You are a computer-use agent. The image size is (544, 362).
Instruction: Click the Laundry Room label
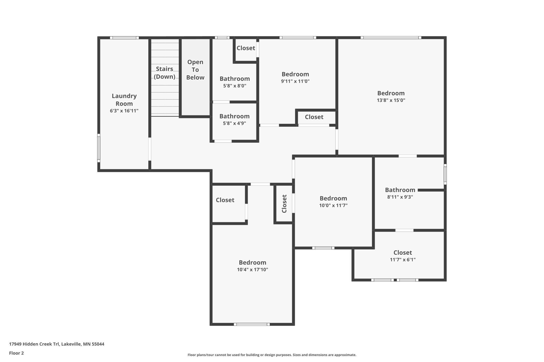pos(124,100)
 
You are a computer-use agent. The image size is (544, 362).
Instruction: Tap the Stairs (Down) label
pos(165,73)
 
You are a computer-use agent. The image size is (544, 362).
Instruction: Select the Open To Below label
pos(195,70)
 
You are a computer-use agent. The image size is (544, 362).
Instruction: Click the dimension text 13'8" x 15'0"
pos(391,100)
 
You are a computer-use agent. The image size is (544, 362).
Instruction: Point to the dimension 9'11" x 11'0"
pos(295,81)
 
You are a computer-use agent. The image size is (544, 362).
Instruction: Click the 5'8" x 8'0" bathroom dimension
pos(235,86)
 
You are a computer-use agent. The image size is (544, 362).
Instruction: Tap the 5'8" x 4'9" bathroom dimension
pos(234,123)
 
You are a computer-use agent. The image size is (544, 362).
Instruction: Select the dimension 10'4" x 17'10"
pos(252,270)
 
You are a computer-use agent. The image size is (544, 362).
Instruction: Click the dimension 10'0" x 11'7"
pos(333,205)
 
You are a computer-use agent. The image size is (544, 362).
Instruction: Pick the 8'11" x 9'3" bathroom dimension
pos(400,197)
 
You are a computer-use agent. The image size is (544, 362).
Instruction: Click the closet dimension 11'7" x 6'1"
pos(403,260)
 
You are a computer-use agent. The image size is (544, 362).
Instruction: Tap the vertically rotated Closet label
pos(284,204)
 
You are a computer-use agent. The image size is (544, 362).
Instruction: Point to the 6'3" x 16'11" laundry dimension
pos(124,111)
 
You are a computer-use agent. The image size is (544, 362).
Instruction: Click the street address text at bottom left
pos(56,344)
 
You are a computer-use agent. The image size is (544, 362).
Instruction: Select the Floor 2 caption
pos(16,353)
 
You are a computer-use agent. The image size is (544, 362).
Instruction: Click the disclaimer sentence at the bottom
pos(272,355)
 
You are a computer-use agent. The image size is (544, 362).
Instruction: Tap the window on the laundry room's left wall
pos(99,148)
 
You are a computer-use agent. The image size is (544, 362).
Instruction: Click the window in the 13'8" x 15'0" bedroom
pos(391,38)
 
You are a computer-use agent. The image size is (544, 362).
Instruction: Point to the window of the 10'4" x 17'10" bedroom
pos(252,324)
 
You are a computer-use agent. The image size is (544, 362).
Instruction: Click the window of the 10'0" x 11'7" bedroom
pos(323,248)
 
